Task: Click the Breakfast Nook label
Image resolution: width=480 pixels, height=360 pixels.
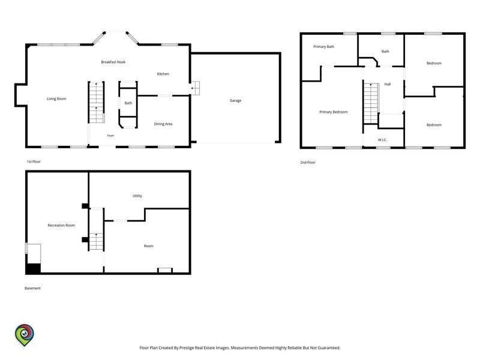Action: (x=113, y=62)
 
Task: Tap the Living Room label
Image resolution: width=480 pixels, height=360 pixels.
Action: (x=56, y=98)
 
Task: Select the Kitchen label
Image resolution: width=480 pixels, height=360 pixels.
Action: (x=163, y=74)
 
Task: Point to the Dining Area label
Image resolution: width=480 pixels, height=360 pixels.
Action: (x=163, y=124)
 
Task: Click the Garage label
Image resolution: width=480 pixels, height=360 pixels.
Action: (x=235, y=100)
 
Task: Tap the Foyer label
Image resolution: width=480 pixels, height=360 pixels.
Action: (x=110, y=136)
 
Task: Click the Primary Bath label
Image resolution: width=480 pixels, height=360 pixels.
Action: (x=324, y=47)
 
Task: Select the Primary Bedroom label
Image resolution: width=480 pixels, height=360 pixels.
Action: (x=334, y=112)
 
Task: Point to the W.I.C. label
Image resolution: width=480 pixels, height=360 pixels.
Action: (x=382, y=140)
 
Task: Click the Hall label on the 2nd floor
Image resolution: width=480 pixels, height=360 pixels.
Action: (x=388, y=84)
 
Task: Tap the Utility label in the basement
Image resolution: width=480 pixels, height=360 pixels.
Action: (x=137, y=196)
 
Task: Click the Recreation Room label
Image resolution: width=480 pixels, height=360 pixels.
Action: (x=61, y=226)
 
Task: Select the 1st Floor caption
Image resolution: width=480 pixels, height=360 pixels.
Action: (x=34, y=161)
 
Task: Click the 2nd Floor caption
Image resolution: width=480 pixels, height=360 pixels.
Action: (x=308, y=163)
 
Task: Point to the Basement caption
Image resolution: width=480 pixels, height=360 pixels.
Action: (x=32, y=288)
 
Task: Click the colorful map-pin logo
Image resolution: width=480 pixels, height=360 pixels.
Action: (x=25, y=335)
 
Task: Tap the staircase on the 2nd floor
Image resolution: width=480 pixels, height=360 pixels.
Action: (x=371, y=103)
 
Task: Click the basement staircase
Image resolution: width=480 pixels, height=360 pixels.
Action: (x=96, y=242)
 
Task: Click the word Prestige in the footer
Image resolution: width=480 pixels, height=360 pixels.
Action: (x=187, y=348)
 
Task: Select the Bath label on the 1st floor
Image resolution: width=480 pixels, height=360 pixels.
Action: (x=128, y=103)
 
